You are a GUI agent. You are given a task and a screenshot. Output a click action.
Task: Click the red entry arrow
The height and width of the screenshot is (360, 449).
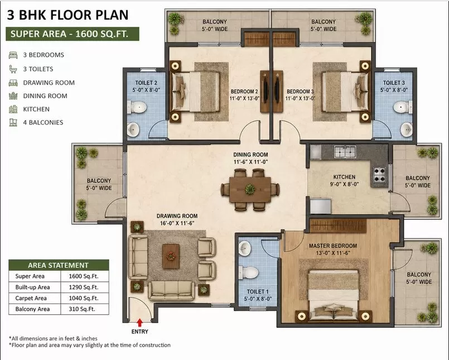[x=140, y=323]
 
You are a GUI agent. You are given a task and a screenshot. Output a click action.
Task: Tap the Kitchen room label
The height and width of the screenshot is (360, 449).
[x=344, y=177]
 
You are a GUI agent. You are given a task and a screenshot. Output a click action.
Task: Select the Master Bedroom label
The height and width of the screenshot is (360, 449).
[x=333, y=246]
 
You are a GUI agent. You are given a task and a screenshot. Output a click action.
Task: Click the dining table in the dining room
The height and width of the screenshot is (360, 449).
[x=250, y=189]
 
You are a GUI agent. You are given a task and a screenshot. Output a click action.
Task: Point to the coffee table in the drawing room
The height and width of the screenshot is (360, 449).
[x=171, y=256]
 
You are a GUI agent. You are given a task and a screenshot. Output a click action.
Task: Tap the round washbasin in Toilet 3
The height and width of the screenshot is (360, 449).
[x=407, y=129]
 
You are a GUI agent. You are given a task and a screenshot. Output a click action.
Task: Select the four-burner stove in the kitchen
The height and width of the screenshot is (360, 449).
[x=379, y=175]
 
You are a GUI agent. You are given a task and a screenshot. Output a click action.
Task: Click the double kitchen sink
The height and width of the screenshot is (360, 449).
[x=345, y=152]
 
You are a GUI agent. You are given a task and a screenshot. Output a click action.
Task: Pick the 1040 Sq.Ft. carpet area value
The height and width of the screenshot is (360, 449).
[x=84, y=298]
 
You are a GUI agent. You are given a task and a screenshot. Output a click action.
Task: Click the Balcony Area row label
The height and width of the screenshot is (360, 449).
[x=32, y=309]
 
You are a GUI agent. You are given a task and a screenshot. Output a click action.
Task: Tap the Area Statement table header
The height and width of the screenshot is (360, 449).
[x=59, y=265]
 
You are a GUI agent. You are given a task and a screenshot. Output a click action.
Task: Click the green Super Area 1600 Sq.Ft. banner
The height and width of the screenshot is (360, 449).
[x=73, y=34]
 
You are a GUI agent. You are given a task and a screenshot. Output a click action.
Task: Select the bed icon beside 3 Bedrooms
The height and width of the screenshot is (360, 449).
[x=13, y=55]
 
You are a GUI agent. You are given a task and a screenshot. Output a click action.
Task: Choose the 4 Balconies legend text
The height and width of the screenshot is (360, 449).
[x=43, y=122]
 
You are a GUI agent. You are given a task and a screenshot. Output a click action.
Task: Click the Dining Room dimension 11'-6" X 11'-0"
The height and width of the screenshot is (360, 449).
[x=250, y=162]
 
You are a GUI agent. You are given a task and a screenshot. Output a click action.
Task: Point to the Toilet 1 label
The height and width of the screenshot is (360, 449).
[x=258, y=291]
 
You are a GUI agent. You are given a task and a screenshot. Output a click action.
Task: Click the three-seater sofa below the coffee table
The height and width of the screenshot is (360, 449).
[x=171, y=290]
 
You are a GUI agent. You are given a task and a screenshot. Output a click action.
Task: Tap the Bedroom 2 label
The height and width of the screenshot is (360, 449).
[x=244, y=92]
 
